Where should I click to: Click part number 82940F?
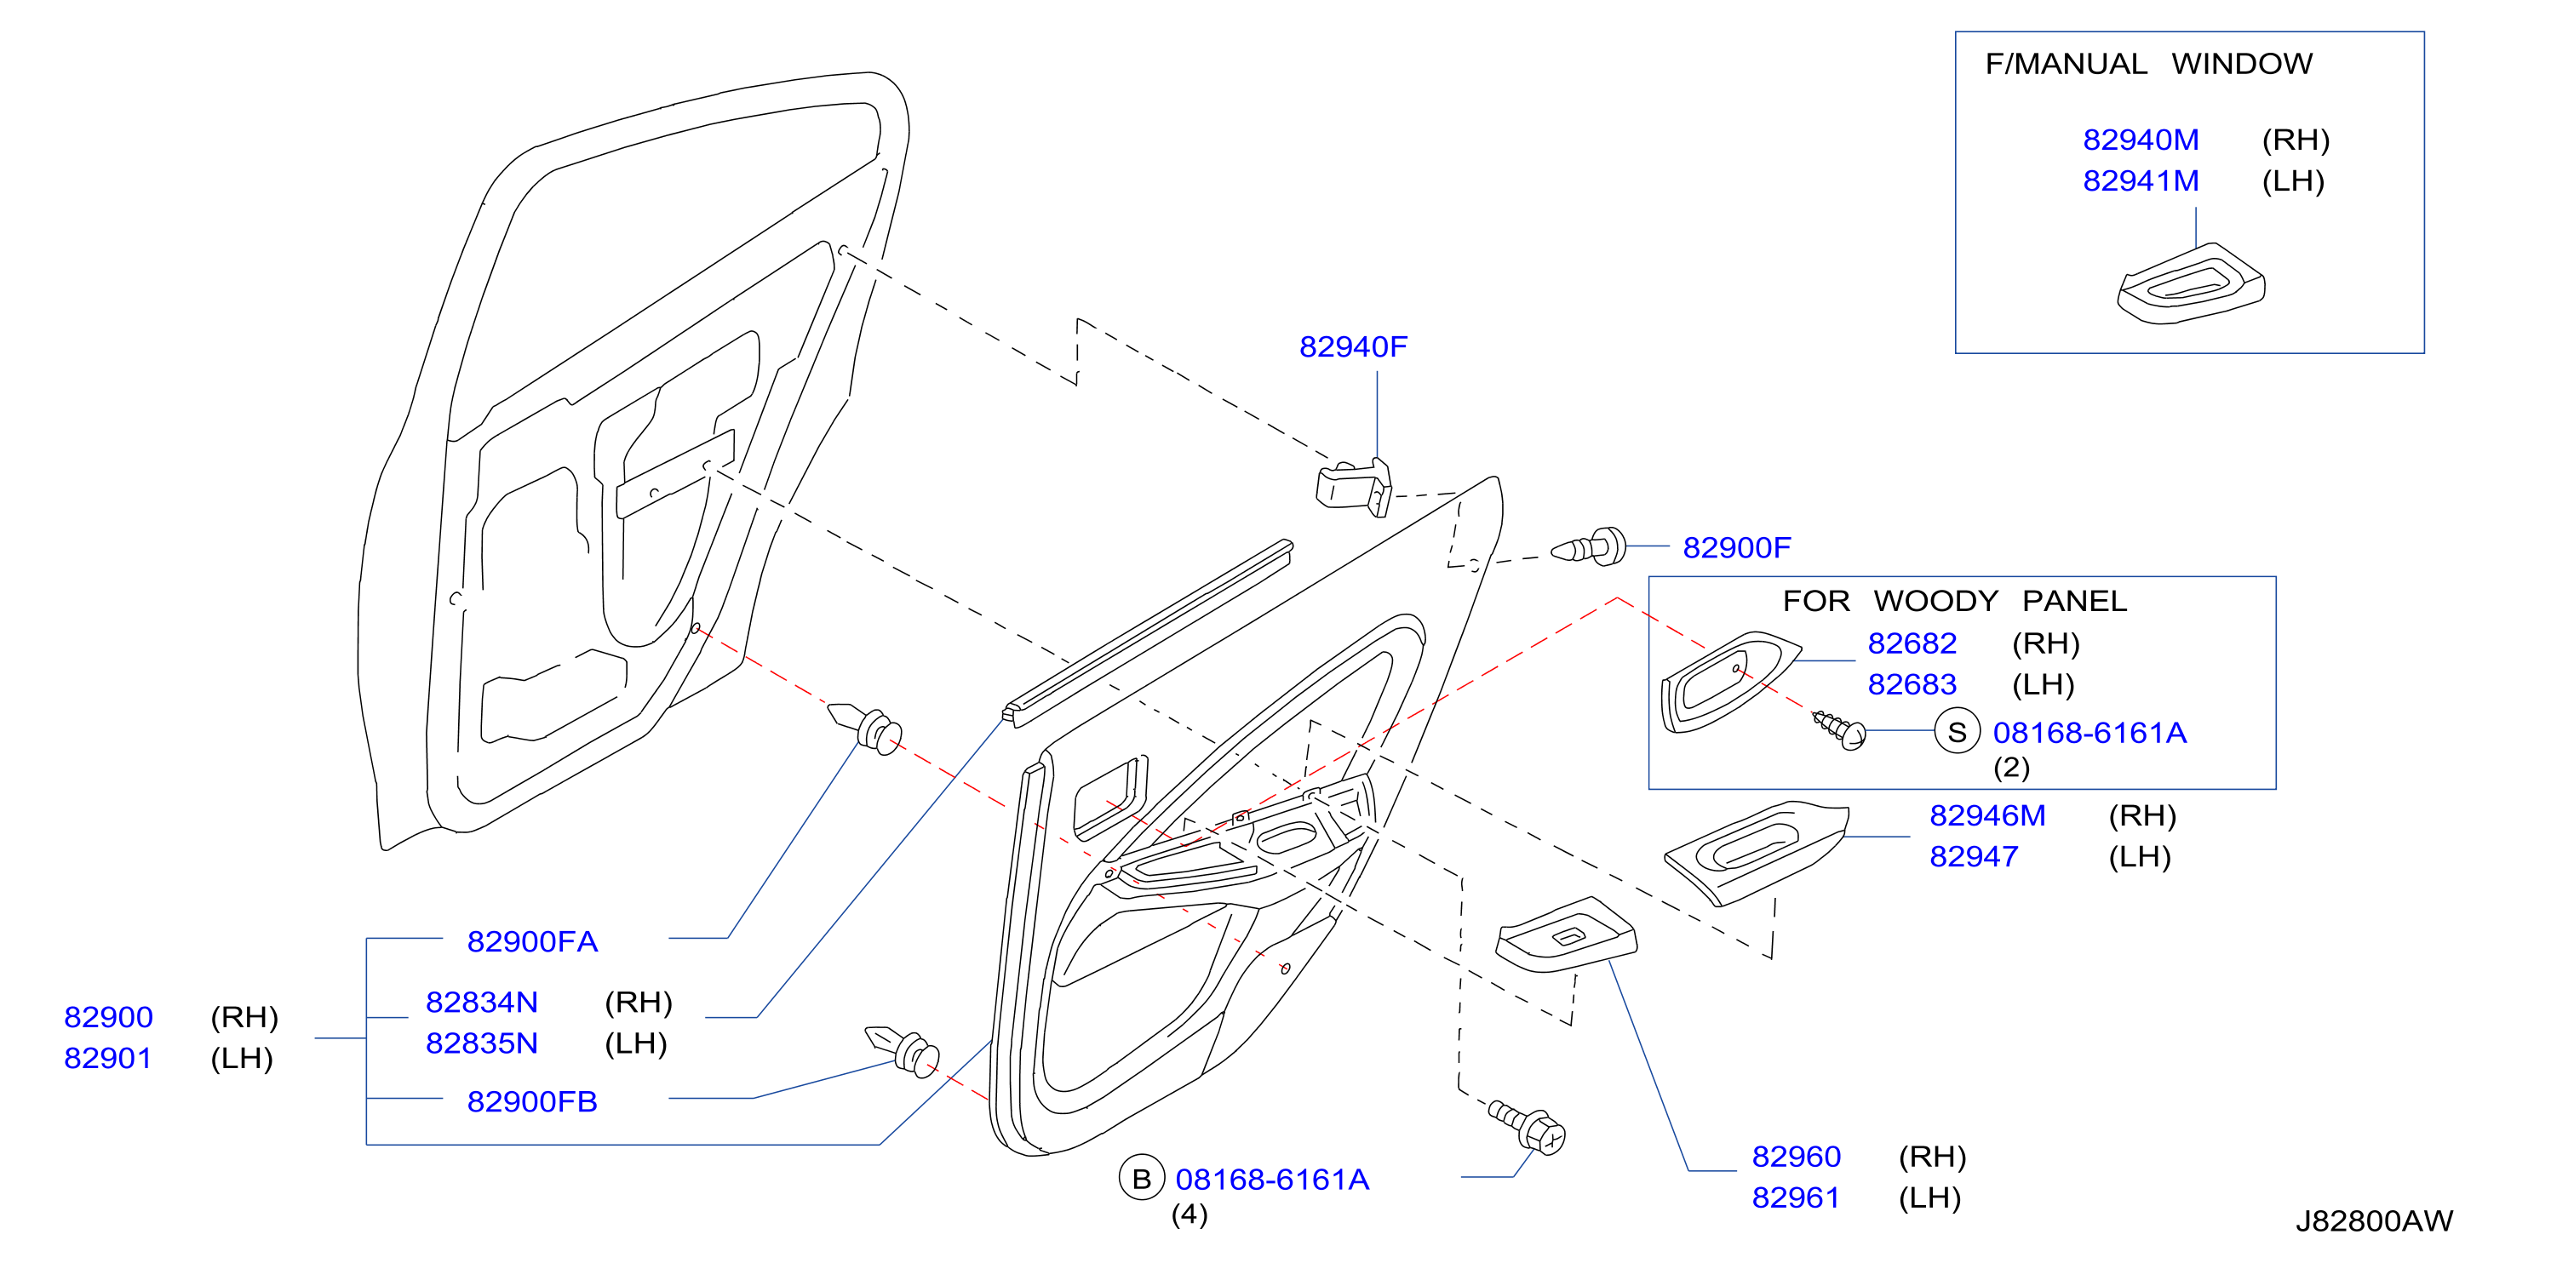(x=1353, y=346)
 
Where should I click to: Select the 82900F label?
(x=1737, y=547)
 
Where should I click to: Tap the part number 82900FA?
(x=532, y=941)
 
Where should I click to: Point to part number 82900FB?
(x=532, y=1101)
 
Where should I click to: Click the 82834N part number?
(x=481, y=1002)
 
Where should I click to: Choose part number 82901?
(x=108, y=1058)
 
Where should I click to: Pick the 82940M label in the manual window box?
(x=2141, y=140)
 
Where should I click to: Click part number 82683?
(x=1912, y=684)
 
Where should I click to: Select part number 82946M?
(x=1987, y=815)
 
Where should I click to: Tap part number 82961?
(x=1797, y=1197)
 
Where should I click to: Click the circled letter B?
(x=1141, y=1179)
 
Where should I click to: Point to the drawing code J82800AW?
(x=2375, y=1221)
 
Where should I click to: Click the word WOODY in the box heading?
(x=1936, y=601)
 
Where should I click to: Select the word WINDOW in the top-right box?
(x=2242, y=63)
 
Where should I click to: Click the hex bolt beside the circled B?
(x=1526, y=1127)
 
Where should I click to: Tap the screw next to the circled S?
(x=1839, y=729)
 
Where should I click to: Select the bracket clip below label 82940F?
(x=1354, y=487)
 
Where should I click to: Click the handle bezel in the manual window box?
(x=2191, y=284)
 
